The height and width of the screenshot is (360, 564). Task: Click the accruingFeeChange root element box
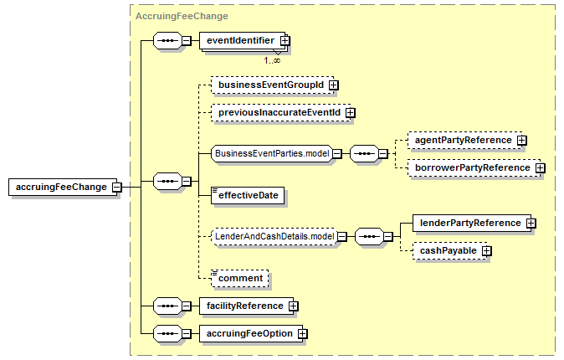click(63, 187)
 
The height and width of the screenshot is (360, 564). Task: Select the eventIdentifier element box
click(243, 41)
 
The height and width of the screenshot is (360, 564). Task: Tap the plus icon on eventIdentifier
click(285, 41)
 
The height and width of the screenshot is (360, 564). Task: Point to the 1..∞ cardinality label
click(272, 60)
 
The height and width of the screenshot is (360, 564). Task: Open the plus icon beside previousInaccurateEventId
click(350, 113)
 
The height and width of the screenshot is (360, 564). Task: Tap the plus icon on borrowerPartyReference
click(540, 167)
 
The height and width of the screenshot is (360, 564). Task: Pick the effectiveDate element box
click(248, 195)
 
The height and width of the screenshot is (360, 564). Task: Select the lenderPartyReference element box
click(472, 224)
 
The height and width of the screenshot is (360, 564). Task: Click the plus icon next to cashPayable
click(486, 250)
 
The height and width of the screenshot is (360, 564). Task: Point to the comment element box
click(240, 278)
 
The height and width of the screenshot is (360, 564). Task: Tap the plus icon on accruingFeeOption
click(303, 334)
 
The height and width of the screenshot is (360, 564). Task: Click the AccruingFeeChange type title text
click(182, 16)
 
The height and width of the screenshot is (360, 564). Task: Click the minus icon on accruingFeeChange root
click(116, 188)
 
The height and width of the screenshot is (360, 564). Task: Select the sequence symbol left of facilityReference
click(167, 306)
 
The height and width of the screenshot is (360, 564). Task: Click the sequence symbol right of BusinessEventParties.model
click(364, 154)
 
